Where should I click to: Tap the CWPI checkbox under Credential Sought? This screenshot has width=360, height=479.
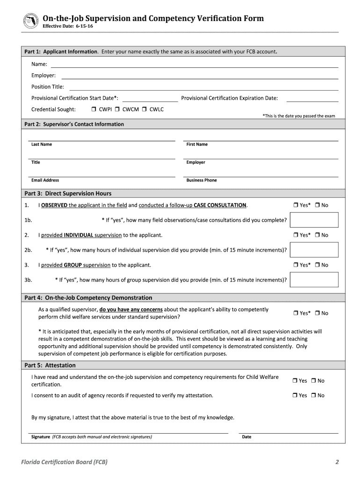(94, 109)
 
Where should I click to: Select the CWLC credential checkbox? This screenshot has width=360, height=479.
(144, 109)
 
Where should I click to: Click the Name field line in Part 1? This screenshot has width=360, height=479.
(194, 65)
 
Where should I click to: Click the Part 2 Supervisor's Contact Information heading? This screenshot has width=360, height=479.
(74, 124)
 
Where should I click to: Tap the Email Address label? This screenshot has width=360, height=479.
(45, 180)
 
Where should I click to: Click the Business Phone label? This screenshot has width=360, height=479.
(202, 180)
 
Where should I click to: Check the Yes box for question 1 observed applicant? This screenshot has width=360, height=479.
(296, 205)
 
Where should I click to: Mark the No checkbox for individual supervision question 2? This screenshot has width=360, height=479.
(317, 235)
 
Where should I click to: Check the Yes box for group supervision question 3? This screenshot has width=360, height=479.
(296, 265)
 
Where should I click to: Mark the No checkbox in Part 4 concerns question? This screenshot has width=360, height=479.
(317, 313)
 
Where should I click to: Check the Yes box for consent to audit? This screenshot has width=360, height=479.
(296, 396)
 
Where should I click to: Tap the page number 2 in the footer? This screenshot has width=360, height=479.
(337, 463)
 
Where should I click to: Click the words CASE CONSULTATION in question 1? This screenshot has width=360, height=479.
(220, 205)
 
